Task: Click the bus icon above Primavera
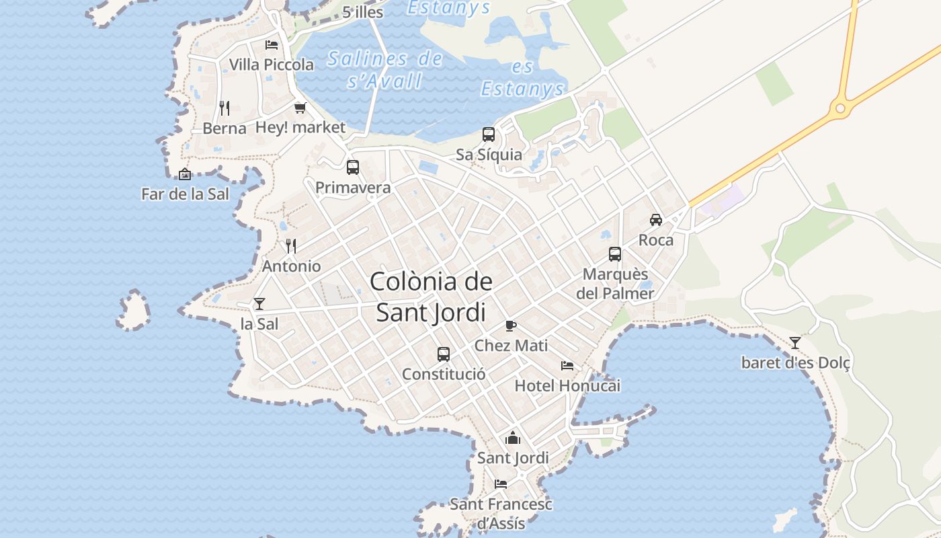click(353, 167)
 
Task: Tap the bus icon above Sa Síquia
click(489, 134)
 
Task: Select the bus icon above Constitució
click(444, 354)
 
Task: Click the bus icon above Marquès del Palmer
click(615, 254)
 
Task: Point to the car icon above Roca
click(656, 220)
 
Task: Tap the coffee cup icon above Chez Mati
click(511, 326)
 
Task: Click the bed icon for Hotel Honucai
click(567, 366)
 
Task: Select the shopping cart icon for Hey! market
click(300, 108)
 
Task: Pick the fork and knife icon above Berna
click(224, 108)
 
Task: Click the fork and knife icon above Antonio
click(291, 246)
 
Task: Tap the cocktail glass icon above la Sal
click(259, 304)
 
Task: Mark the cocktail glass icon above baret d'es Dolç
click(795, 343)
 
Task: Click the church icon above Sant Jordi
click(513, 438)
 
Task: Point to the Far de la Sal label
click(185, 194)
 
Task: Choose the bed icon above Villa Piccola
click(272, 45)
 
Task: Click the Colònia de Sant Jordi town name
click(431, 297)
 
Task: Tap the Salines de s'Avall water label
click(385, 70)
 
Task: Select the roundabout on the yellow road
click(839, 108)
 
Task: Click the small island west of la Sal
click(134, 311)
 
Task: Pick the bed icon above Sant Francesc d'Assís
click(501, 484)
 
